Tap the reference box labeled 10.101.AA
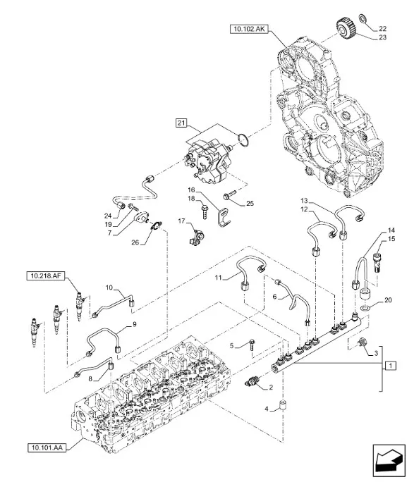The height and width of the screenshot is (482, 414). click(47, 447)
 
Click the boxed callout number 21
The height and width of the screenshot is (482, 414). click(181, 124)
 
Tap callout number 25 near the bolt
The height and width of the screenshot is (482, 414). click(249, 204)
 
